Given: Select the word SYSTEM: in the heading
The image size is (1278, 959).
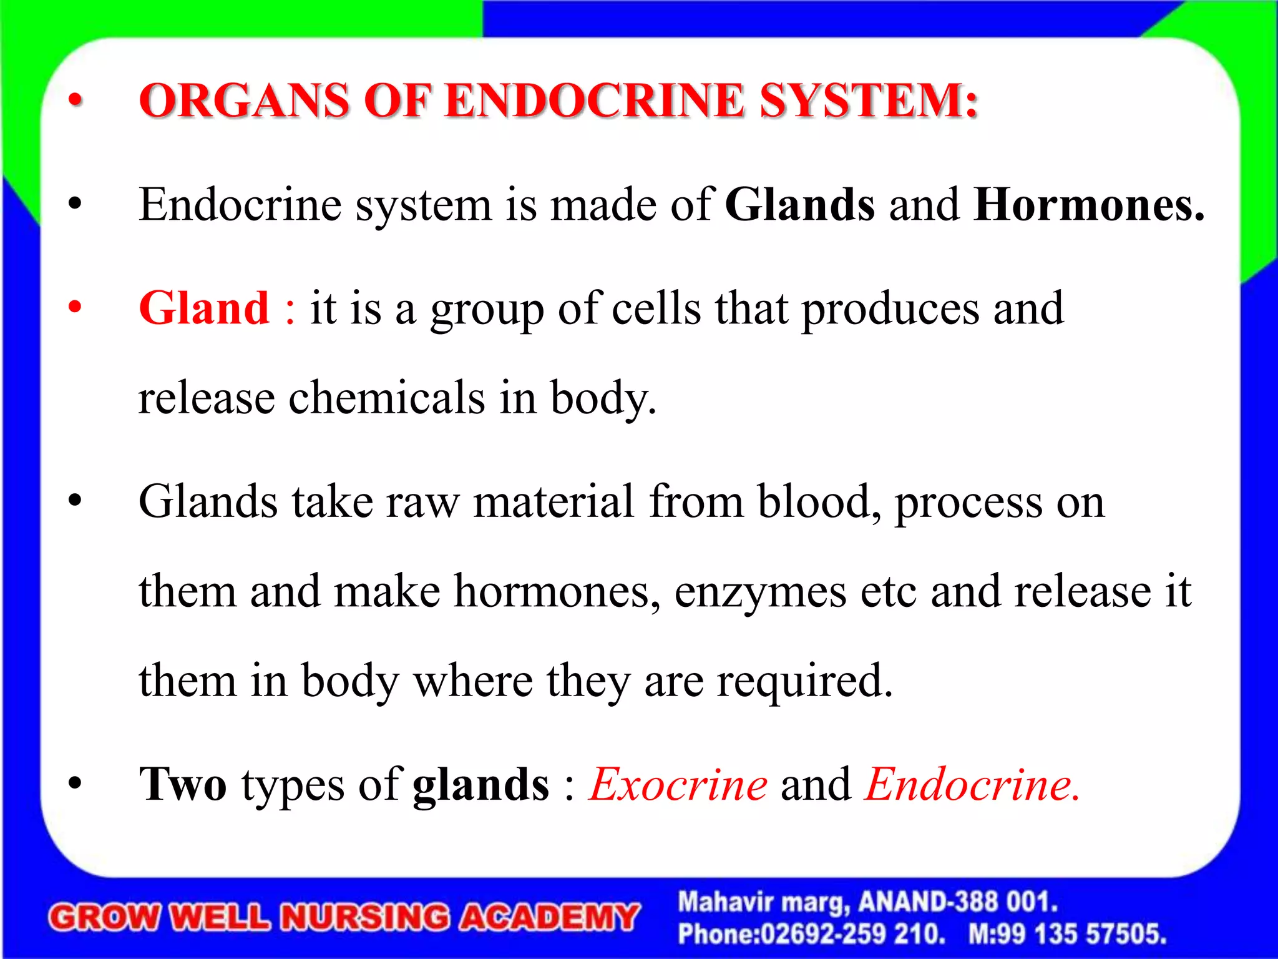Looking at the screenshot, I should tap(868, 101).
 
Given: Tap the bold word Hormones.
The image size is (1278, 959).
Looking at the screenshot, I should tap(1089, 205).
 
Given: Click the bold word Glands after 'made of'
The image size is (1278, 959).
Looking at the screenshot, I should tap(800, 205).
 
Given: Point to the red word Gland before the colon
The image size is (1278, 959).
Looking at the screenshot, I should tap(204, 308).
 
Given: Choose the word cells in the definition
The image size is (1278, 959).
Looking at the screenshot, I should tap(656, 308).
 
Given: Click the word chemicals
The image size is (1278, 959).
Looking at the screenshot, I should tap(386, 398).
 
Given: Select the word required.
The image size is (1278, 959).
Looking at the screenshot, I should tap(805, 681).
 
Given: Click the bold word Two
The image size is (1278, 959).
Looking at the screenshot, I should tap(183, 785).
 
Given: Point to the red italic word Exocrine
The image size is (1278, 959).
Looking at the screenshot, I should tap(679, 785).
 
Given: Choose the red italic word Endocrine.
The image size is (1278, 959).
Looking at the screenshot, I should tap(972, 785).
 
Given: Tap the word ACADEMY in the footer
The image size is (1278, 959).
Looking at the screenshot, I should tap(549, 918).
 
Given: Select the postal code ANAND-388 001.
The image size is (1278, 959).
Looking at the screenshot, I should tap(958, 902).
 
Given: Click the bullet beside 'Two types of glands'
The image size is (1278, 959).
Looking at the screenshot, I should tap(76, 785).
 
